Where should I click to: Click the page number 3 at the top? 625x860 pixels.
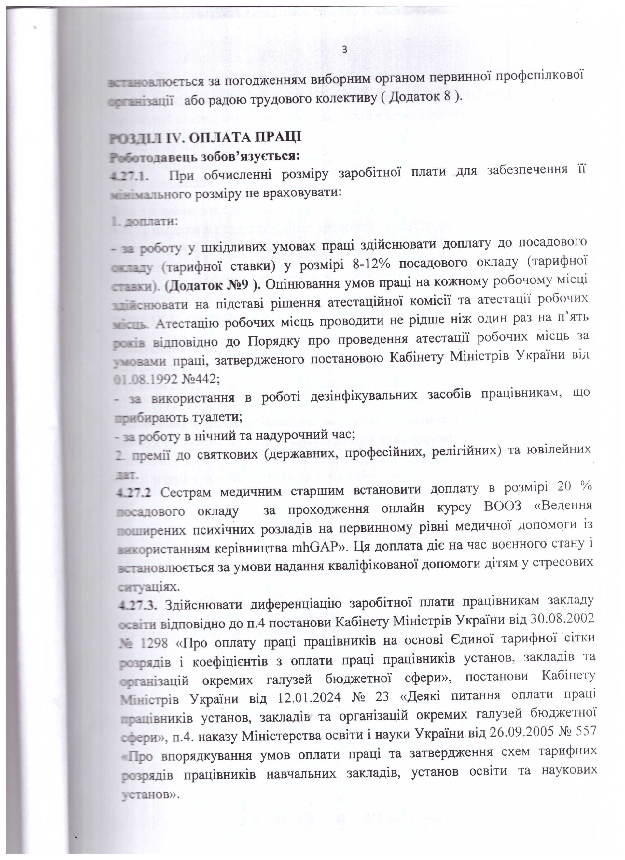(x=344, y=50)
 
